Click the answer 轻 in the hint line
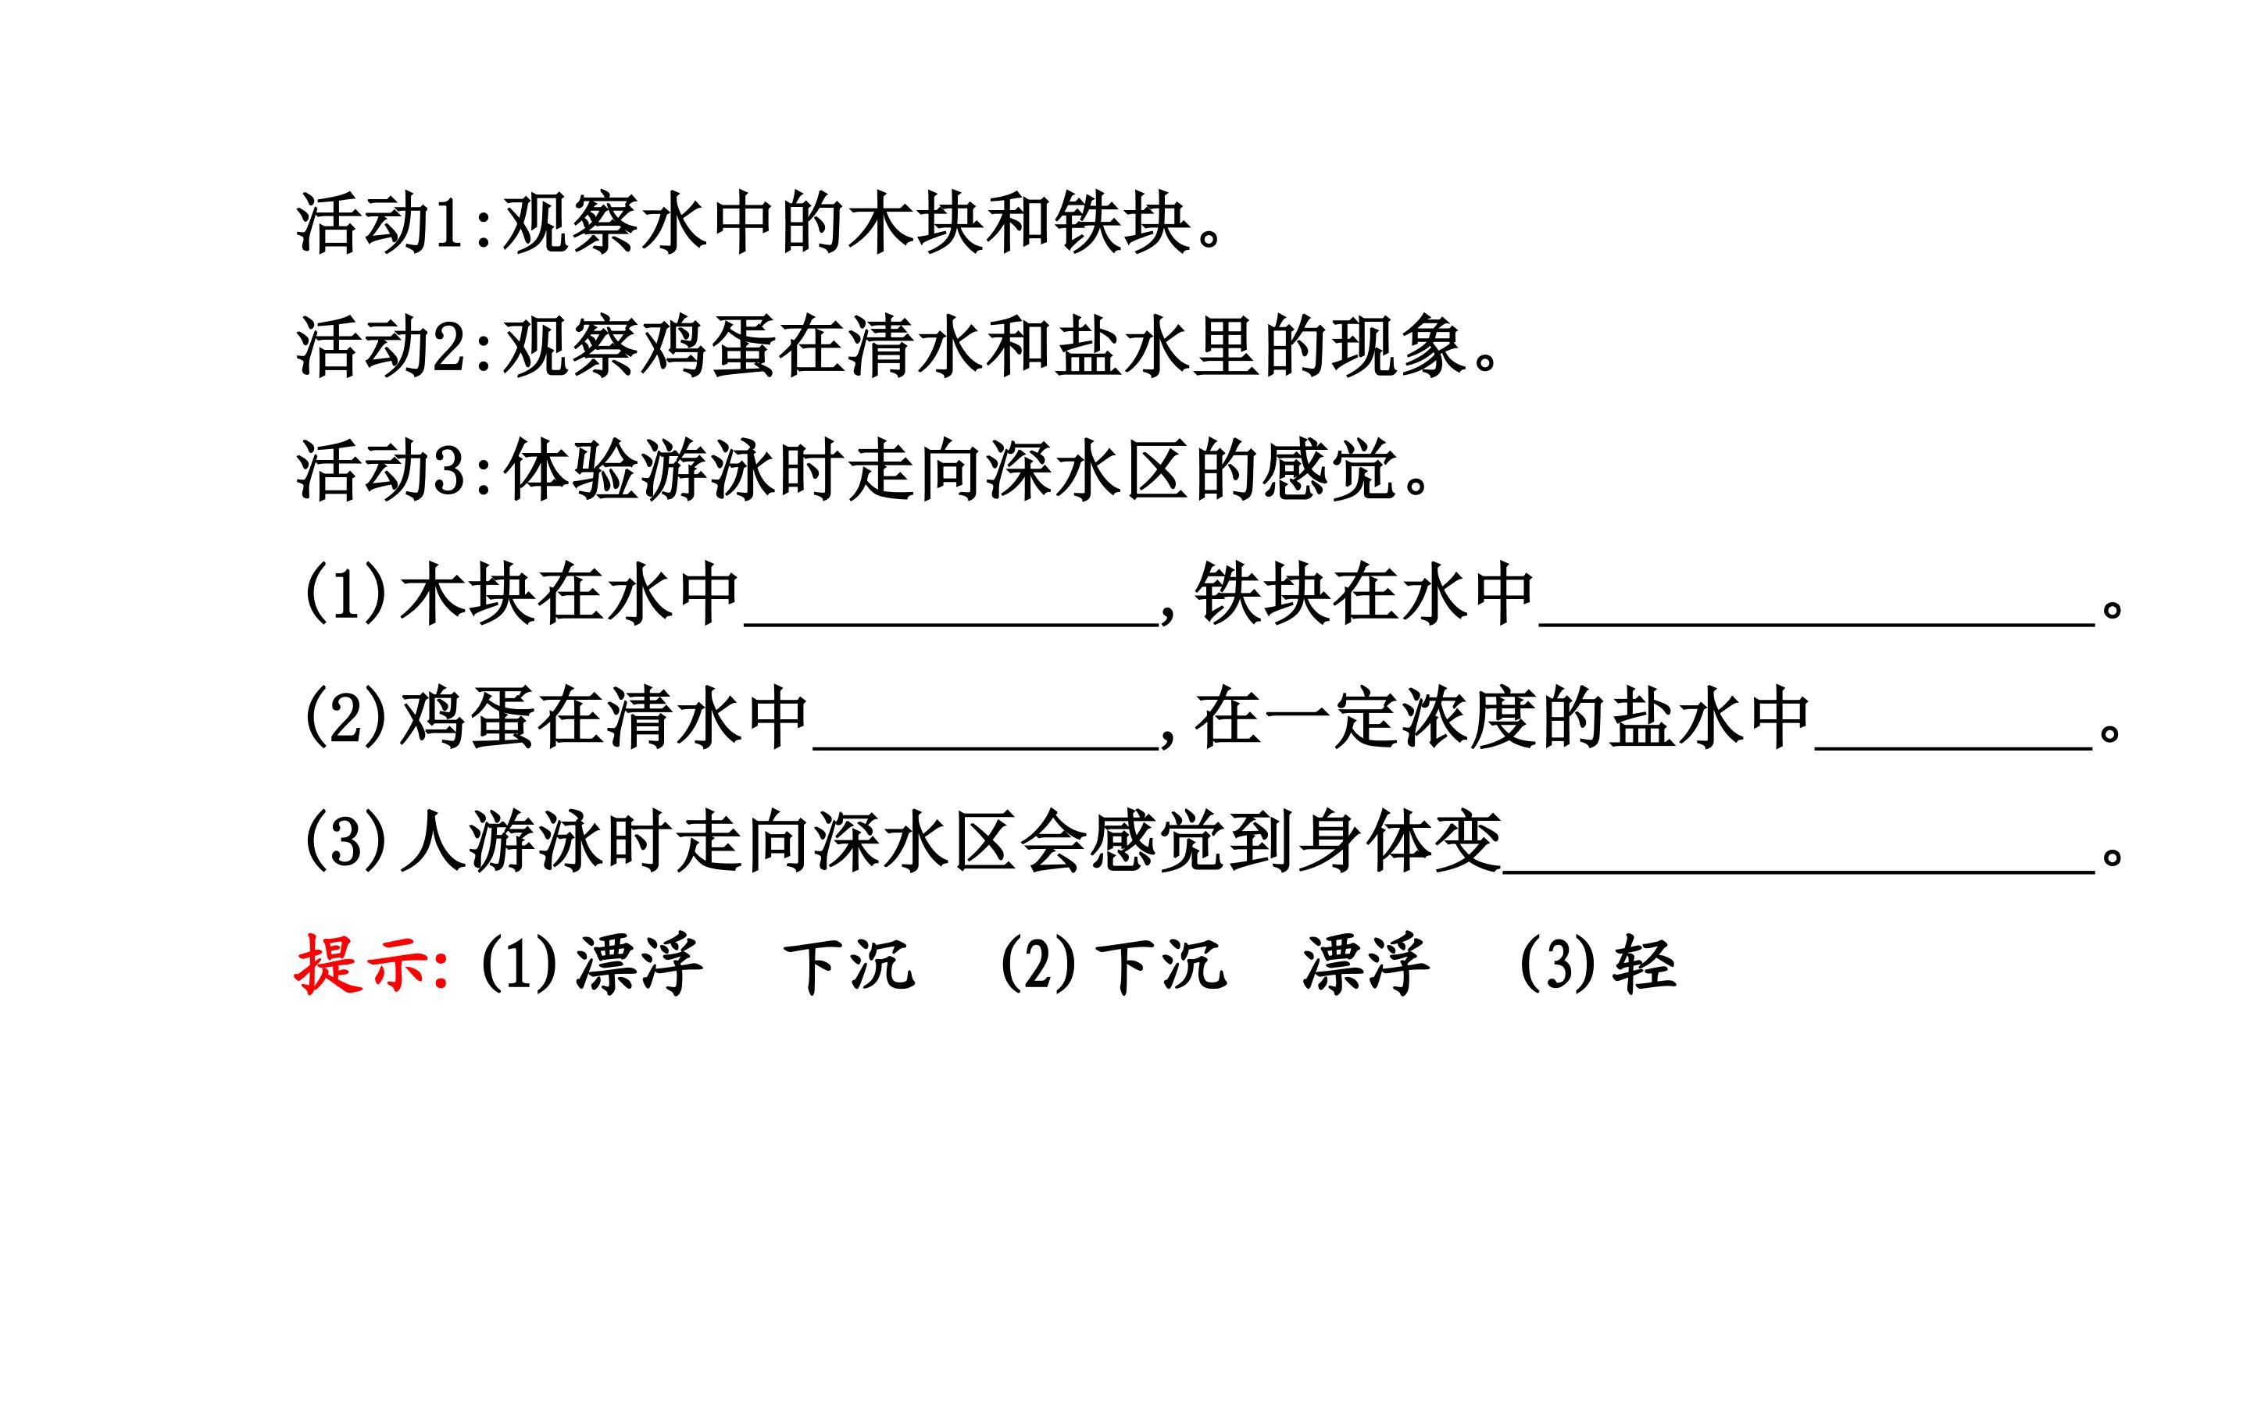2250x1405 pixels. pyautogui.click(x=1645, y=965)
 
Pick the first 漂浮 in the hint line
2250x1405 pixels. pyautogui.click(x=639, y=965)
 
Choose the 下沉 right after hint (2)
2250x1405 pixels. pyautogui.click(x=1161, y=965)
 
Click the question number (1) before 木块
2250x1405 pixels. pyautogui.click(x=345, y=594)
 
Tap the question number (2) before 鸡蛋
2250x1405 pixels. pyautogui.click(x=345, y=719)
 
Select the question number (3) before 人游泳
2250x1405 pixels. pyautogui.click(x=345, y=842)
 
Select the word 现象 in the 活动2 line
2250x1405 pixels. pyautogui.click(x=1398, y=348)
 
